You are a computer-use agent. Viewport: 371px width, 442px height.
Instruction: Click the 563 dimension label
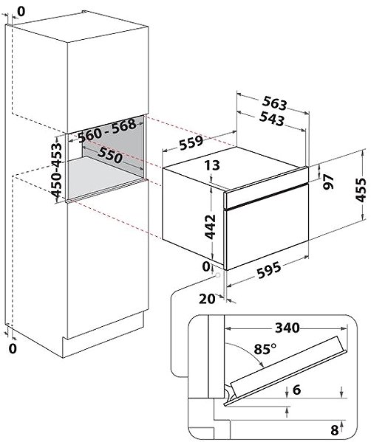coord(274,103)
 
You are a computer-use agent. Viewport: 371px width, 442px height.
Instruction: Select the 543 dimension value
coord(272,118)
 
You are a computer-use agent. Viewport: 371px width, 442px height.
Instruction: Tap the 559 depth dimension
coord(191,143)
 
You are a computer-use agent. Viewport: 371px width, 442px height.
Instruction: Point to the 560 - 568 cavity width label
coord(107,131)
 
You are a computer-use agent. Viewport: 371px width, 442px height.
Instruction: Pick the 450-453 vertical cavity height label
coord(56,170)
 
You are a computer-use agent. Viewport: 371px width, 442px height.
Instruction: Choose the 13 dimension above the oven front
coord(212,165)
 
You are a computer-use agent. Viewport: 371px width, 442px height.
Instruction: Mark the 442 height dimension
coord(210,227)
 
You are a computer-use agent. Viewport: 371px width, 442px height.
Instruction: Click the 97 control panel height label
coord(328,182)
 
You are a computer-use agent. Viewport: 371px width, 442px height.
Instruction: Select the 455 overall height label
coord(361,190)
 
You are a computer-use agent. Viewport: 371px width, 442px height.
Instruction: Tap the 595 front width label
coord(269,271)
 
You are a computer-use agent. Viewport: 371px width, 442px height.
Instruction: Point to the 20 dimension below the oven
coord(207,299)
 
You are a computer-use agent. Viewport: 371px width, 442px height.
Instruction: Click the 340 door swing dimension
coord(287,328)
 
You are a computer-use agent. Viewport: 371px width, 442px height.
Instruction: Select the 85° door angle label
coord(265,349)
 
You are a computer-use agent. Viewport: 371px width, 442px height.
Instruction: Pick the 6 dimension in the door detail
coord(297,390)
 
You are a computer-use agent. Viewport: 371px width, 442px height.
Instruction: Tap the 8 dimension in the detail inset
coord(334,430)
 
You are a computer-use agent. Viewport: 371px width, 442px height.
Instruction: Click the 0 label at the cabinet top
coord(21,11)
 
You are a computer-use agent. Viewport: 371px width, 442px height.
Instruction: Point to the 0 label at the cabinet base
coord(13,349)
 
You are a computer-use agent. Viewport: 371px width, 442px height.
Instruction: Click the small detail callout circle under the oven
coord(218,275)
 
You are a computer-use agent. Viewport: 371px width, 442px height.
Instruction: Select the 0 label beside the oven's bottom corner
coord(206,266)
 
